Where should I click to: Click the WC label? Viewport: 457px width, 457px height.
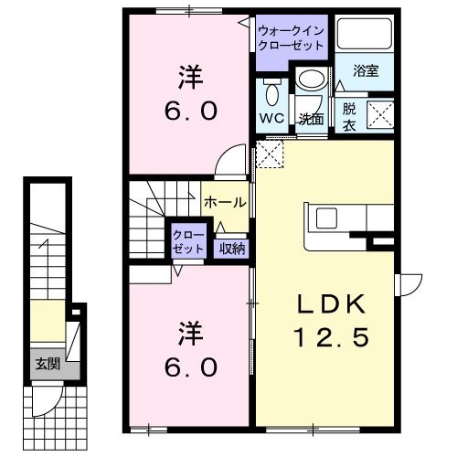coord(271,118)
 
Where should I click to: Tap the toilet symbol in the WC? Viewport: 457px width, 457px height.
coord(271,92)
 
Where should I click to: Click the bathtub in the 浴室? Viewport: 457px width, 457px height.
coord(364,34)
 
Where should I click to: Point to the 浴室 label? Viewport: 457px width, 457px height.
coord(366,71)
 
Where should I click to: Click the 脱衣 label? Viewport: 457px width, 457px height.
coord(349,117)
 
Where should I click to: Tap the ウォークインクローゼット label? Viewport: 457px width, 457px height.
coord(291,38)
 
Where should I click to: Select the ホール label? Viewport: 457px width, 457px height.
coord(225,202)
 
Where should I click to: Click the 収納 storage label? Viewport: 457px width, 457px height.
coord(232,250)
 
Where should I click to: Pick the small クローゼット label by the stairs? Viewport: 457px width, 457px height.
coord(188,242)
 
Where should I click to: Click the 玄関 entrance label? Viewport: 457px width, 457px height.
coord(48,364)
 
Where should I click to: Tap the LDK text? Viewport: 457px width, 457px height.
coord(331,304)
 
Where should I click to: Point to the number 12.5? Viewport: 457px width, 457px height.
coord(331,337)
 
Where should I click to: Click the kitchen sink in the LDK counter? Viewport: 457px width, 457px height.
coord(326,218)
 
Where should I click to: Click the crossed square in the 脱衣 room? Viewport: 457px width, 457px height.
coord(380,114)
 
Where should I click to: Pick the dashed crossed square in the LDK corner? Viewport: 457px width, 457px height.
coord(270,154)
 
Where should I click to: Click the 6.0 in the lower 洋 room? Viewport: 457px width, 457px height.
coord(191,367)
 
